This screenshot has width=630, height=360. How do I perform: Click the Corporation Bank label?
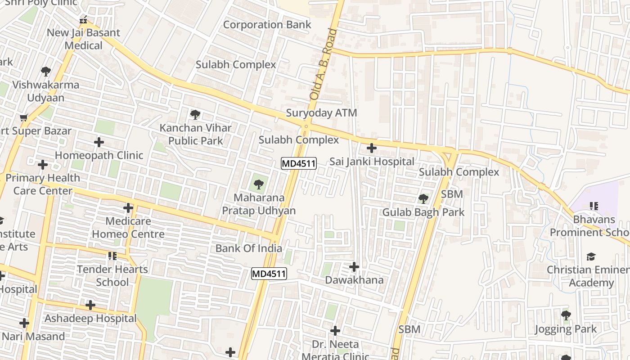click(x=267, y=24)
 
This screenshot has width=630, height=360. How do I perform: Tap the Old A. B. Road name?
click(x=323, y=64)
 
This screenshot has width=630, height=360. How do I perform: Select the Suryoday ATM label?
click(x=321, y=113)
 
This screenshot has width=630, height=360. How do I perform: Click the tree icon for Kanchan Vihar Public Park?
click(x=195, y=115)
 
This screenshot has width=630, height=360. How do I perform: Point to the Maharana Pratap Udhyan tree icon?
click(x=258, y=184)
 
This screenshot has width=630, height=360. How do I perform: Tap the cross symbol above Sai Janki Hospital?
click(x=372, y=148)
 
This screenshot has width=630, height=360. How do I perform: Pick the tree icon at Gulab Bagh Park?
click(x=423, y=198)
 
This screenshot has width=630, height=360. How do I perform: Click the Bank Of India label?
click(x=248, y=248)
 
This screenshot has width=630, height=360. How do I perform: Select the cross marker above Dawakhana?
click(x=354, y=267)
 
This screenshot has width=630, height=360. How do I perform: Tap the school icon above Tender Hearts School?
click(x=112, y=256)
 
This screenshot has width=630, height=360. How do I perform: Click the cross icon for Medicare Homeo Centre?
click(x=128, y=208)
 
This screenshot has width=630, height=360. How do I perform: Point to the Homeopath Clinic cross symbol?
click(x=99, y=143)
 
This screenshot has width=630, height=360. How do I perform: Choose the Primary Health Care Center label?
click(x=43, y=184)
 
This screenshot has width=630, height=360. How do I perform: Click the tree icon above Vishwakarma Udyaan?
click(x=45, y=72)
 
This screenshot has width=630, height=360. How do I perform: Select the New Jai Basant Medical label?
click(x=83, y=39)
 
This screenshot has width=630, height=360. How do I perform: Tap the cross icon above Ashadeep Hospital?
click(x=90, y=305)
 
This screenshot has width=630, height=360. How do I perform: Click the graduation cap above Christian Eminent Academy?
click(x=591, y=256)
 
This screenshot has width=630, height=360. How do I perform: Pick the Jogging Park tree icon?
click(x=566, y=315)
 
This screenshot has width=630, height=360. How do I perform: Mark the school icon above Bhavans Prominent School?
click(x=594, y=206)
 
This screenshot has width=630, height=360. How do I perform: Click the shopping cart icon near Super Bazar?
click(x=24, y=118)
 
